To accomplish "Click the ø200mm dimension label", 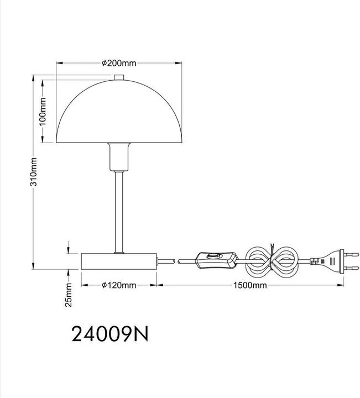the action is tap(119, 63).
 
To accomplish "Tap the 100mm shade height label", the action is tap(43, 112).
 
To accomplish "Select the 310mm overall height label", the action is tap(34, 172).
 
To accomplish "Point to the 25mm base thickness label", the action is tap(68, 295).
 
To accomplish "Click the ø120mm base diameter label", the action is tap(119, 285).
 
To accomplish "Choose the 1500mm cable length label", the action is tap(250, 285).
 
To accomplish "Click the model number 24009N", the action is tap(110, 334).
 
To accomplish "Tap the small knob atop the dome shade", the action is tap(119, 77).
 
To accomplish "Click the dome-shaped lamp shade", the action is tap(119, 112).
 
